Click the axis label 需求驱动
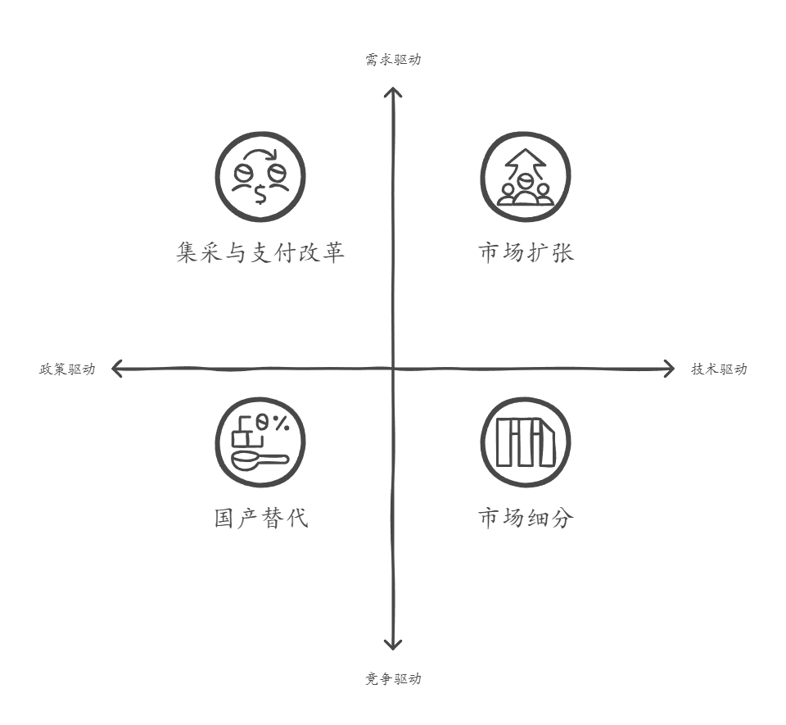tap(393, 60)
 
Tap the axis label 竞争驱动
tap(393, 679)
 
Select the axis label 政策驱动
tap(68, 369)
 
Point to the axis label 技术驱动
tap(719, 369)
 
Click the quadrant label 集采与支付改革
tap(260, 251)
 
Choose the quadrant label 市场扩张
tap(526, 251)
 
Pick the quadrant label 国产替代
tap(260, 518)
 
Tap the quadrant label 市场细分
tap(526, 518)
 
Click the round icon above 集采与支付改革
tap(260, 178)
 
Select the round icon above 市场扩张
tap(525, 178)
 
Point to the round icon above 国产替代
tap(260, 443)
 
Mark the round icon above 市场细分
tap(525, 443)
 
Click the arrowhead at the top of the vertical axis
tap(394, 92)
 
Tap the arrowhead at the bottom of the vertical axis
tap(394, 646)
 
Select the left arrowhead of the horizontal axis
tap(115, 369)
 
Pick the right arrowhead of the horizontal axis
tap(671, 369)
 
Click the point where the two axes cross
tap(394, 369)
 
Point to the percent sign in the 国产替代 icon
tap(280, 424)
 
